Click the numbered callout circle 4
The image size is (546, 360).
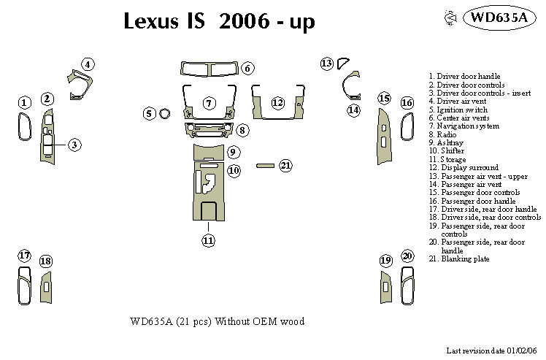tap(88, 65)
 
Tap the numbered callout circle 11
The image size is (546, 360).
tap(209, 240)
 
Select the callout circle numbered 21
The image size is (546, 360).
tap(285, 166)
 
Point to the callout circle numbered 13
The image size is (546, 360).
tap(327, 64)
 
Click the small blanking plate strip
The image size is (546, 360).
tap(264, 166)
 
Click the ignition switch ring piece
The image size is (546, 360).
tap(165, 113)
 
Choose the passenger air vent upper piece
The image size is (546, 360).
tap(344, 63)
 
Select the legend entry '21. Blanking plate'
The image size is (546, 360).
tap(460, 259)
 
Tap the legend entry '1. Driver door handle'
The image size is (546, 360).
tap(465, 76)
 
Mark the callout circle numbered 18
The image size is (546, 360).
tap(46, 261)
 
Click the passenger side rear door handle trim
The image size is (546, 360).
tap(407, 286)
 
